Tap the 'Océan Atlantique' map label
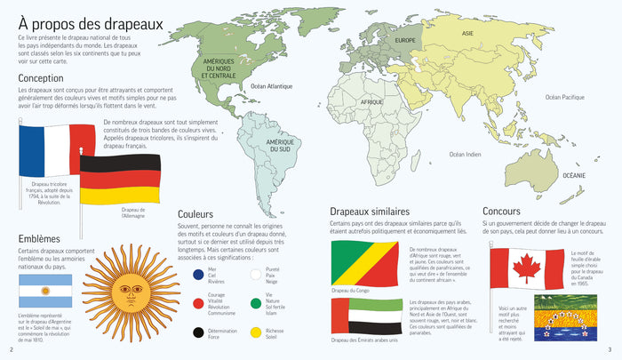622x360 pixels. [271, 86]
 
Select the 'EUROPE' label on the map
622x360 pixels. [405, 41]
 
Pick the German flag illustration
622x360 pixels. [120, 178]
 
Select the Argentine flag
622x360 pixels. [45, 292]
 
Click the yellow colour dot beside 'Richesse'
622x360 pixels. [255, 335]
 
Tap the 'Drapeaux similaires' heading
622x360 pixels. [368, 211]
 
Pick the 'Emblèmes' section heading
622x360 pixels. [39, 238]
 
